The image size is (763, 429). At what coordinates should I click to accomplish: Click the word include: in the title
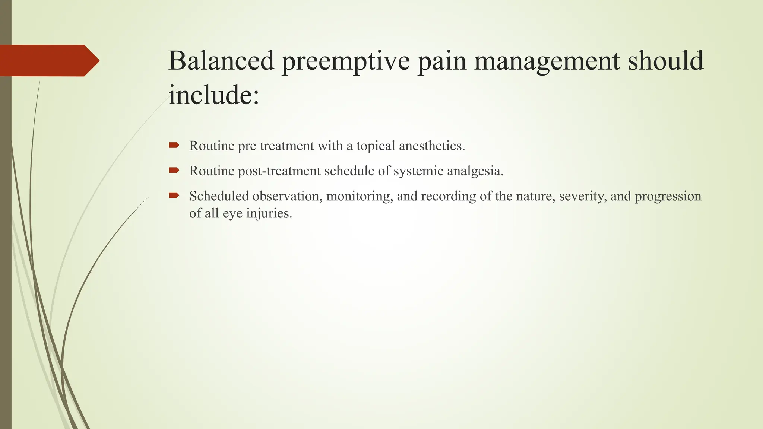pyautogui.click(x=213, y=95)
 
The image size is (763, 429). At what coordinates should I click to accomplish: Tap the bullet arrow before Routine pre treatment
pyautogui.click(x=174, y=145)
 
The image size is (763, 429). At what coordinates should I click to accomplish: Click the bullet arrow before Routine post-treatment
pyautogui.click(x=174, y=171)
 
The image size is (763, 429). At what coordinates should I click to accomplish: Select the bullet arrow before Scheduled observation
pyautogui.click(x=174, y=196)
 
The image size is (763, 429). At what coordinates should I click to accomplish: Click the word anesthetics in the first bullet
pyautogui.click(x=431, y=146)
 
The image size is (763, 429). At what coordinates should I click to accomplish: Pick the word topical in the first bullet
pyautogui.click(x=376, y=146)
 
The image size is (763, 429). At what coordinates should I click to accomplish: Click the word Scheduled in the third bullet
pyautogui.click(x=219, y=196)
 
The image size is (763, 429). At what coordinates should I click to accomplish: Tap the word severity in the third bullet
pyautogui.click(x=583, y=196)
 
